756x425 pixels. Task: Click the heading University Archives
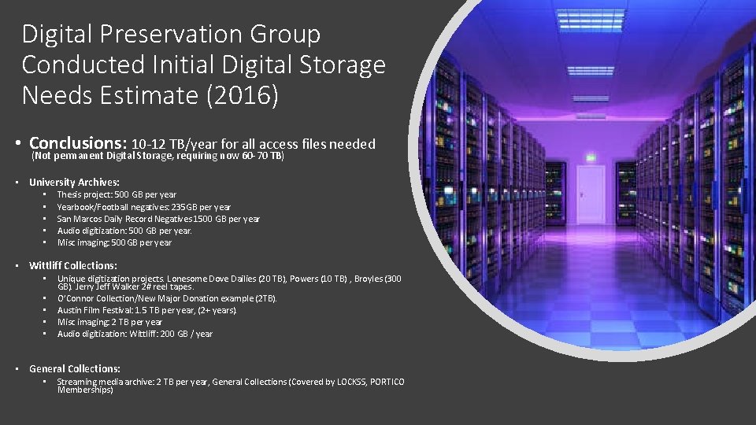[x=74, y=182]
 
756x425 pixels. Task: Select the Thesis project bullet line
[x=117, y=194]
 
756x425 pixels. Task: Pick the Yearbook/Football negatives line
[x=144, y=207]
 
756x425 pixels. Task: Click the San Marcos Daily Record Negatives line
[x=158, y=219]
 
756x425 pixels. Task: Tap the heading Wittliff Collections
[x=72, y=265]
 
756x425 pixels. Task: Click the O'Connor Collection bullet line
[x=167, y=298]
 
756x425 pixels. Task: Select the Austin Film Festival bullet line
[x=146, y=310]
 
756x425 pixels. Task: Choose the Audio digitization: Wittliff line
[x=135, y=334]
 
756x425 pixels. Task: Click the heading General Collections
[x=74, y=368]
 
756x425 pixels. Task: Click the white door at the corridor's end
[x=591, y=194]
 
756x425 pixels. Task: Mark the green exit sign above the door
[x=591, y=157]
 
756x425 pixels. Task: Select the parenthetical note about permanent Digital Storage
[x=157, y=156]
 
